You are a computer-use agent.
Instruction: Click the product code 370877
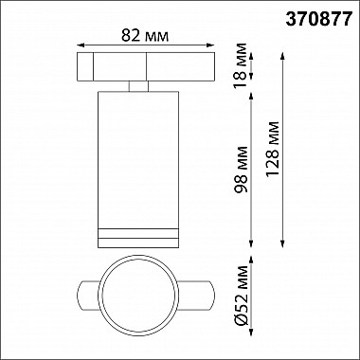pyautogui.click(x=315, y=16)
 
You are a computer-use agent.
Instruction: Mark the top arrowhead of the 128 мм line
pyautogui.click(x=284, y=52)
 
